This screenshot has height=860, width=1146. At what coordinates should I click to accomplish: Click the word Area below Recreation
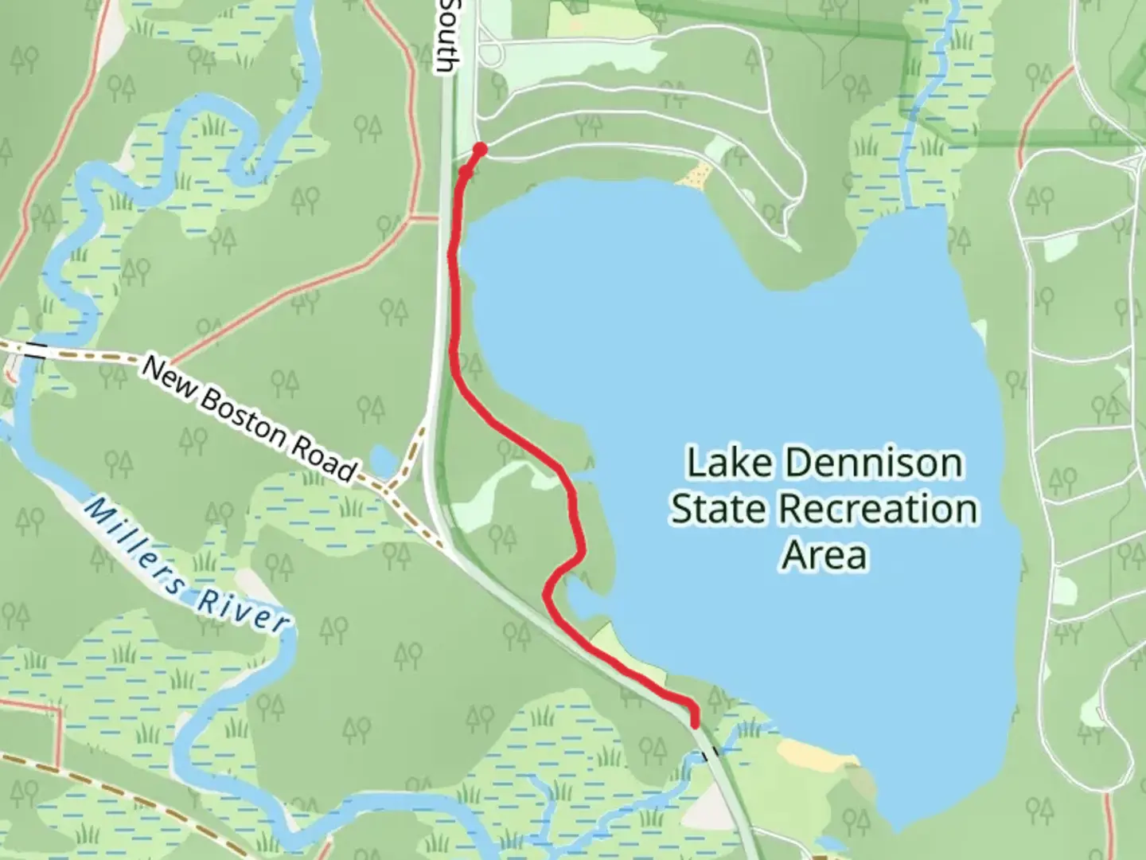tap(824, 554)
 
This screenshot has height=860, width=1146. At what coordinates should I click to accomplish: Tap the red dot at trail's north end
tap(480, 148)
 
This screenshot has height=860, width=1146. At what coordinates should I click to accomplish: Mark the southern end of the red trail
tap(696, 724)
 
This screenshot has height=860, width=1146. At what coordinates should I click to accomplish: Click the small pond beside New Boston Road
tap(383, 459)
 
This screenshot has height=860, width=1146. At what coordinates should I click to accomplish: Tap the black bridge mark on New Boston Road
tap(35, 349)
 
